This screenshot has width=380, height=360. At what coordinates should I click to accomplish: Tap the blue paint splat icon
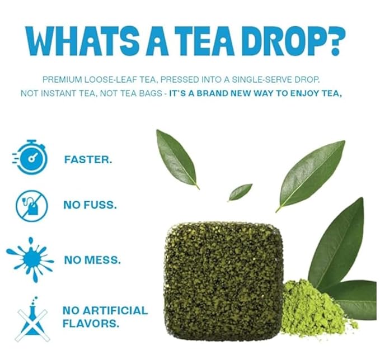[x=31, y=259]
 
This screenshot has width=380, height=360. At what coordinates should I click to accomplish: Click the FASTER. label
[x=88, y=159]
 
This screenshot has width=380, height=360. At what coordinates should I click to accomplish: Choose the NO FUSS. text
[x=90, y=205]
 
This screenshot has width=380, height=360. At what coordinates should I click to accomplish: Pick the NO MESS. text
[x=91, y=259]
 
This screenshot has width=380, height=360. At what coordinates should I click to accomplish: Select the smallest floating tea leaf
[x=240, y=192]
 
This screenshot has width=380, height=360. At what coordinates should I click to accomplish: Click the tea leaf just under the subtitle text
[x=176, y=158]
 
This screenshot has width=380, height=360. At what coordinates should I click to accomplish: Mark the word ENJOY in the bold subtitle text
[x=302, y=93]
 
